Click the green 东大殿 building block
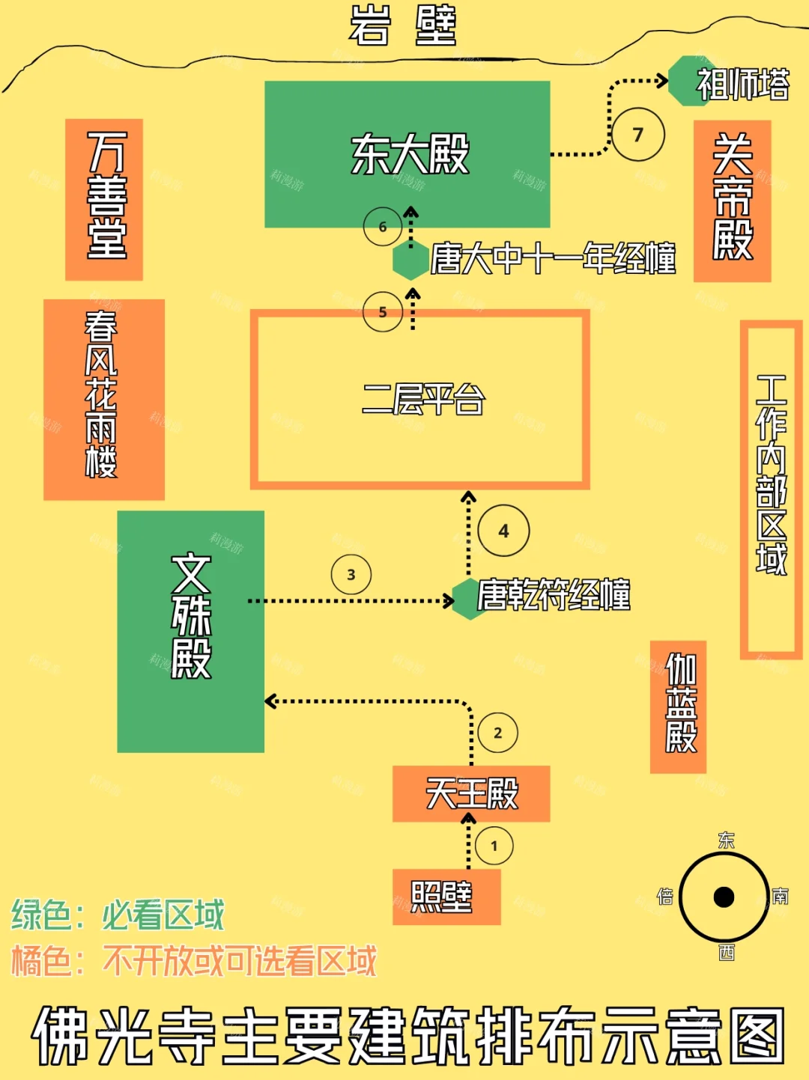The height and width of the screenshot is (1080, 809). (x=407, y=154)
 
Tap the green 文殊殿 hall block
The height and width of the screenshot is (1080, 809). (x=191, y=631)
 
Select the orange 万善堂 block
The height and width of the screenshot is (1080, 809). (x=104, y=199)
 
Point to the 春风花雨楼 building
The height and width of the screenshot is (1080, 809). (x=103, y=399)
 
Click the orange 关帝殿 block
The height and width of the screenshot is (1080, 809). (x=732, y=201)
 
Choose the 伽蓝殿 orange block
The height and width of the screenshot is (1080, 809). (x=679, y=707)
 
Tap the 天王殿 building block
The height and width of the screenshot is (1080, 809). (x=471, y=793)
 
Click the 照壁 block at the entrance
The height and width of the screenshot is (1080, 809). (x=446, y=896)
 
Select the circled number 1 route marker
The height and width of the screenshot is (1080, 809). (x=494, y=846)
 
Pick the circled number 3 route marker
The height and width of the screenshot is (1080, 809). (x=351, y=575)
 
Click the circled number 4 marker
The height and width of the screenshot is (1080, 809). (x=503, y=531)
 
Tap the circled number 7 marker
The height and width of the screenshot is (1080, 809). (x=638, y=135)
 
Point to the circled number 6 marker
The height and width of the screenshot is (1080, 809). (x=383, y=226)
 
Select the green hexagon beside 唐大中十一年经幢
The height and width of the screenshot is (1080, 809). (x=410, y=260)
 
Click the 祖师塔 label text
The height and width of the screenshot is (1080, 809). (x=742, y=84)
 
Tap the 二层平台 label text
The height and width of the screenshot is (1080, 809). (x=423, y=399)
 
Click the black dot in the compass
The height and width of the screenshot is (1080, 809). (x=724, y=897)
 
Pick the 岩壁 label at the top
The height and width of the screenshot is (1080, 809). (x=403, y=25)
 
